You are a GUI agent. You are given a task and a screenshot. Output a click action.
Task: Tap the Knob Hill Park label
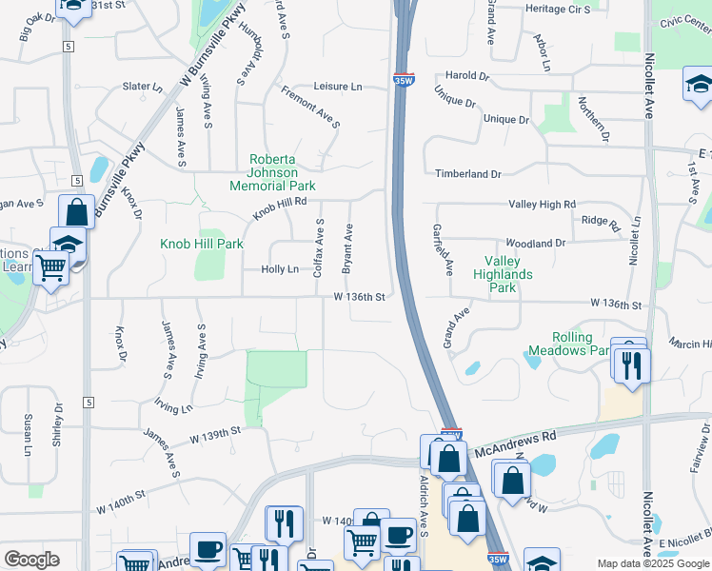[x=202, y=244]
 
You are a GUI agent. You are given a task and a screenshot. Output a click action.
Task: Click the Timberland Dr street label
[x=468, y=174]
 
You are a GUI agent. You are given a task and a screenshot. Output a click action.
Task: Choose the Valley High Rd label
[x=543, y=205]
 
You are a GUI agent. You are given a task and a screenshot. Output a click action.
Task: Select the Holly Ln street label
[x=280, y=269]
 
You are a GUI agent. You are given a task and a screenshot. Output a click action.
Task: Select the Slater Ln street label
[x=143, y=87]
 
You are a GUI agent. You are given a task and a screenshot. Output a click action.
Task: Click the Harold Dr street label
[x=466, y=76]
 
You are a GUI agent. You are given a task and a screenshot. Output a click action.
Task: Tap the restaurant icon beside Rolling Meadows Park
[x=632, y=365]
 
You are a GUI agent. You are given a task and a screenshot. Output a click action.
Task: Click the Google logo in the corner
[x=31, y=560]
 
